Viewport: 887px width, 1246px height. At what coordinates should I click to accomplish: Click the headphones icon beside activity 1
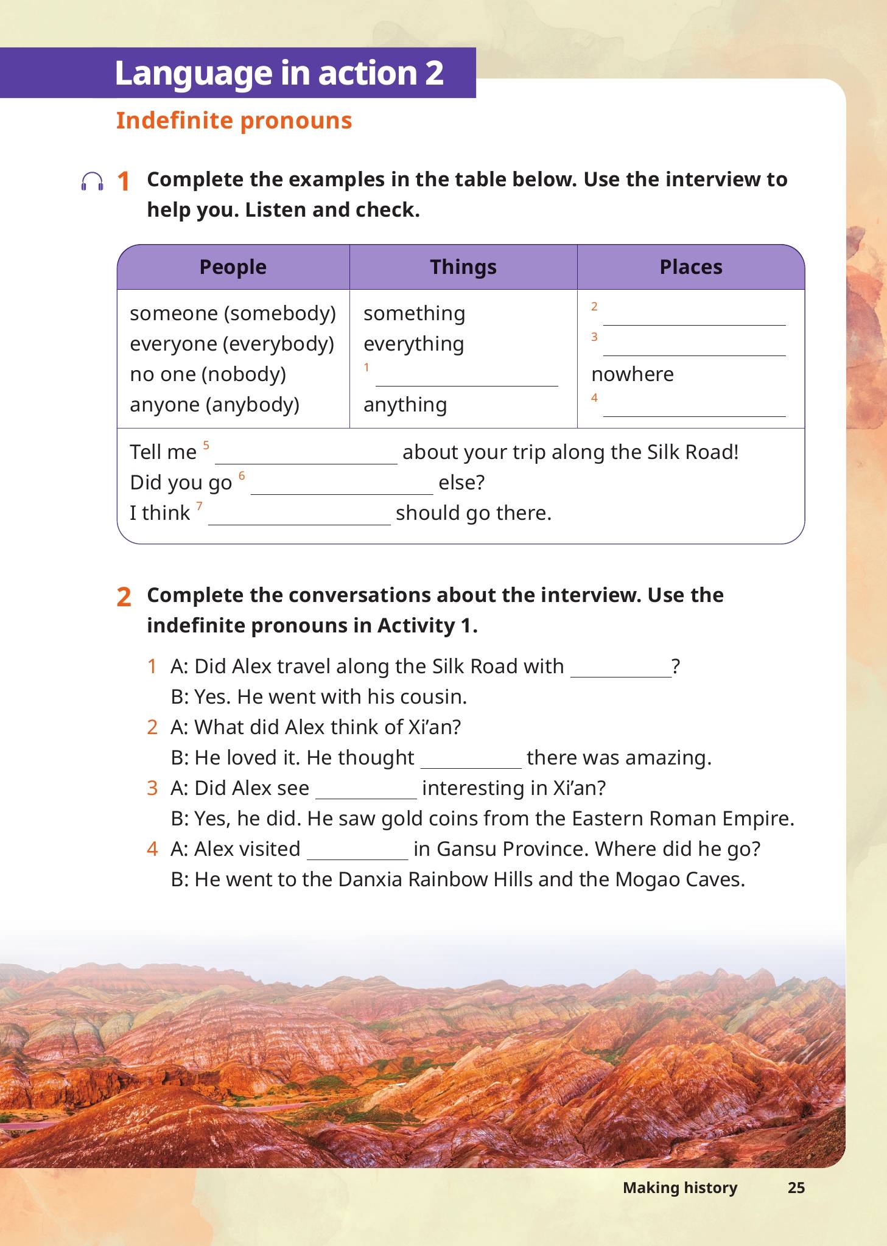[x=93, y=182]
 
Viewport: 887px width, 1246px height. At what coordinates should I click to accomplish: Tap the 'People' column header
[x=233, y=267]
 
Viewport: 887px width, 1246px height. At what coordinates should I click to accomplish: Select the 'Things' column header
[x=463, y=267]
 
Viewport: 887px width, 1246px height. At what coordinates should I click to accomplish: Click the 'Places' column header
[x=691, y=267]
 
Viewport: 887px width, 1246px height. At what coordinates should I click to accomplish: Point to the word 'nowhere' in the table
[x=633, y=374]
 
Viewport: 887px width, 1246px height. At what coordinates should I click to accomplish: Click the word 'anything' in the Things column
[x=405, y=405]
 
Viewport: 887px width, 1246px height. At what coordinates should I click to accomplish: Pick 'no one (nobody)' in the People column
[x=208, y=374]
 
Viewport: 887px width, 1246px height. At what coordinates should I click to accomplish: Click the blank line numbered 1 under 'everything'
[x=466, y=379]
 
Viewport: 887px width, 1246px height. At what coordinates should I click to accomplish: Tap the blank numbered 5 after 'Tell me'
[x=306, y=457]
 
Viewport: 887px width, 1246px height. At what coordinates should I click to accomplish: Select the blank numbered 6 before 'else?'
[x=342, y=487]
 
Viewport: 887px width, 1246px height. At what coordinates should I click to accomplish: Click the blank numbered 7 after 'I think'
[x=299, y=517]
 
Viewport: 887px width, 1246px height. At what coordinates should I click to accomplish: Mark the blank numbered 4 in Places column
[x=694, y=409]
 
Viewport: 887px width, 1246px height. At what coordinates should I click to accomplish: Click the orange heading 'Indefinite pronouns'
[x=234, y=121]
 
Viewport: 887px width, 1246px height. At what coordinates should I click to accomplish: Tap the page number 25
[x=796, y=1188]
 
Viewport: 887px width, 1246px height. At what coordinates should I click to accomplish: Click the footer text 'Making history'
[x=680, y=1188]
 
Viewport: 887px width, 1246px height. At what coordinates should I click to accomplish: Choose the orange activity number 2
[x=124, y=598]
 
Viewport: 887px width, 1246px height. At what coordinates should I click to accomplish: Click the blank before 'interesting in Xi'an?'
[x=366, y=791]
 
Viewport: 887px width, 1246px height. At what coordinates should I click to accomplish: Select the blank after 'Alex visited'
[x=357, y=852]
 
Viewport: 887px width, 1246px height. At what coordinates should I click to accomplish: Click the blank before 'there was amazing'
[x=471, y=761]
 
